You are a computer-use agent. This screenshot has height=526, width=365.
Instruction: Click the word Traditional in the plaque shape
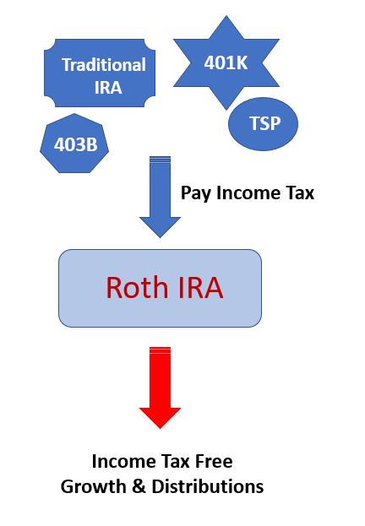coord(104,65)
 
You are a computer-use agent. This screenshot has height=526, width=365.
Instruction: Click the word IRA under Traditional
coord(108,88)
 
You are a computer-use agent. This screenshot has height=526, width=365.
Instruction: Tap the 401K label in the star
coord(226,62)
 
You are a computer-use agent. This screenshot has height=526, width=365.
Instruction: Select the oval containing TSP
coord(263,124)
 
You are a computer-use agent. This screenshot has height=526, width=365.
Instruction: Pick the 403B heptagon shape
coord(74,144)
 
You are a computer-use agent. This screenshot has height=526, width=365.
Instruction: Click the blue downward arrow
coord(161,197)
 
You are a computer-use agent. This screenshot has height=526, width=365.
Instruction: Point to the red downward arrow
coord(161,388)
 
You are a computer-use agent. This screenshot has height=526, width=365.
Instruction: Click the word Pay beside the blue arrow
coord(196,193)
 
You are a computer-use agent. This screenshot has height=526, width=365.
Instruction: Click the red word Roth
coord(137,288)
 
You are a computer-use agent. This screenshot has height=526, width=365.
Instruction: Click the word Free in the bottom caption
coord(214,461)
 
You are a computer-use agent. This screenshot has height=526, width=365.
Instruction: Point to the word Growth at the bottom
coord(93,486)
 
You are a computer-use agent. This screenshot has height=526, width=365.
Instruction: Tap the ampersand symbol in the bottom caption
coord(139,486)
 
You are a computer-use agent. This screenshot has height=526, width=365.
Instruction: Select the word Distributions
coord(208,486)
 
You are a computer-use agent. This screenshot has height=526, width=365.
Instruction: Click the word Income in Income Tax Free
coord(123,461)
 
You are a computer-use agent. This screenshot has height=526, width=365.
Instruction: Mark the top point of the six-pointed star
coord(226,15)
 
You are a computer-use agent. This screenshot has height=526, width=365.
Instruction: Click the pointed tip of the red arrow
coord(161,429)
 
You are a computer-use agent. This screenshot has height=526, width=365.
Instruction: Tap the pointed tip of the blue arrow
coord(161,238)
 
